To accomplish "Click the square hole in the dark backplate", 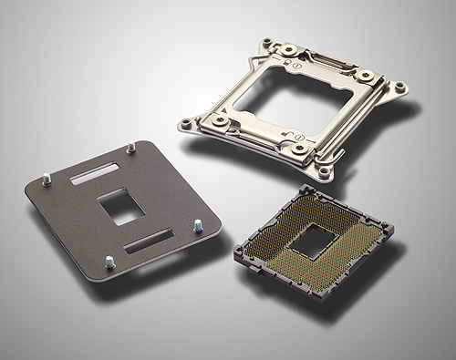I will pos(121,207).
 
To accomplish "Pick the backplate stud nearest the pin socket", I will pos(196,227).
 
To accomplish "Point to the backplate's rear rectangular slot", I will pos(93,171).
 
